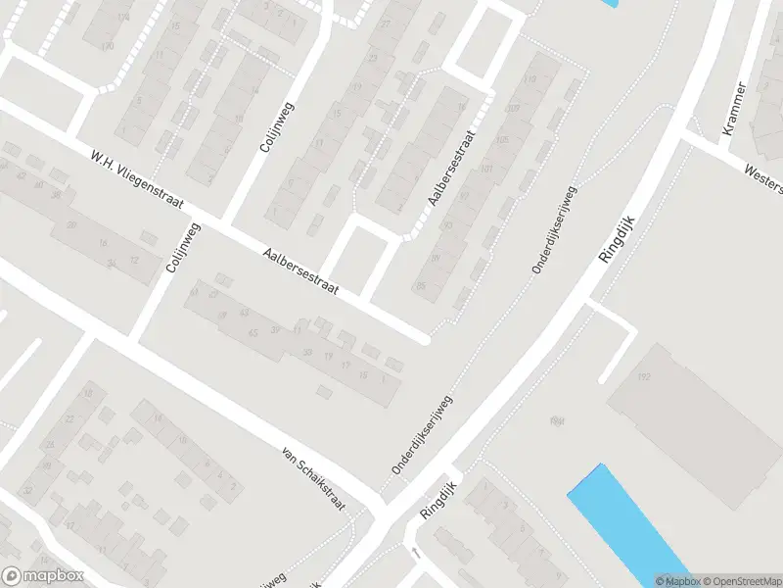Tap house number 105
click(x=503, y=140)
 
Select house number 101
click(x=487, y=169)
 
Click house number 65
click(x=253, y=334)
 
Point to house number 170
click(x=107, y=46)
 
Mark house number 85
click(x=421, y=285)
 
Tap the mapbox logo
click(x=42, y=575)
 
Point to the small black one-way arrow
click(x=415, y=554)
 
